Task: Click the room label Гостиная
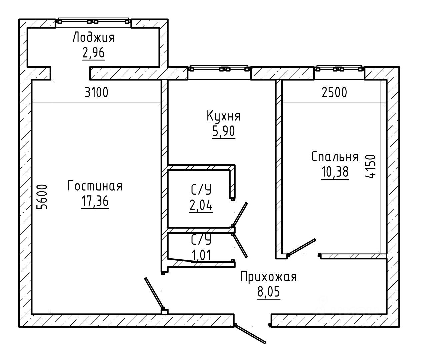pyautogui.click(x=95, y=186)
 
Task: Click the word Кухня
pyautogui.click(x=224, y=116)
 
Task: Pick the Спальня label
pyautogui.click(x=335, y=157)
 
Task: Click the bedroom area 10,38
pyautogui.click(x=335, y=172)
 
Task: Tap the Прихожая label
pyautogui.click(x=268, y=277)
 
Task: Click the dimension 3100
pyautogui.click(x=96, y=93)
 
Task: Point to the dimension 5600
pyautogui.click(x=42, y=197)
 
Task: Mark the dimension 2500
pyautogui.click(x=334, y=93)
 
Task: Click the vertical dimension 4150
pyautogui.click(x=370, y=167)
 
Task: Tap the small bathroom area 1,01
pyautogui.click(x=201, y=255)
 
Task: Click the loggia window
pyautogui.click(x=94, y=21)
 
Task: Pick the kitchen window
pyautogui.click(x=219, y=69)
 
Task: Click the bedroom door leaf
pyautogui.click(x=302, y=247)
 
